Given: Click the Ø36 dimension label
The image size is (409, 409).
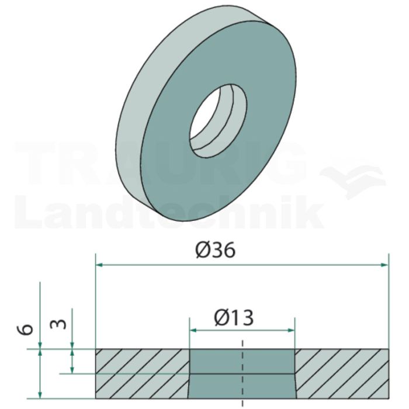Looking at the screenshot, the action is pyautogui.click(x=215, y=250).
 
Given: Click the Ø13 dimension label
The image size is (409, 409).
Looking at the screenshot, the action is pyautogui.click(x=234, y=318).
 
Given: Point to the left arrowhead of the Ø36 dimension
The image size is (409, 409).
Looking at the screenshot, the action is pyautogui.click(x=99, y=265).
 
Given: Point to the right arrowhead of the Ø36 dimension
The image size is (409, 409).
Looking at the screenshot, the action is pyautogui.click(x=384, y=265).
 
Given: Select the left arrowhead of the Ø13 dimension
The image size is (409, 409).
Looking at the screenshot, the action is pyautogui.click(x=193, y=331).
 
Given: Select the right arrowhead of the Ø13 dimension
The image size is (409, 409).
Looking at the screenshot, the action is pyautogui.click(x=291, y=331).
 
